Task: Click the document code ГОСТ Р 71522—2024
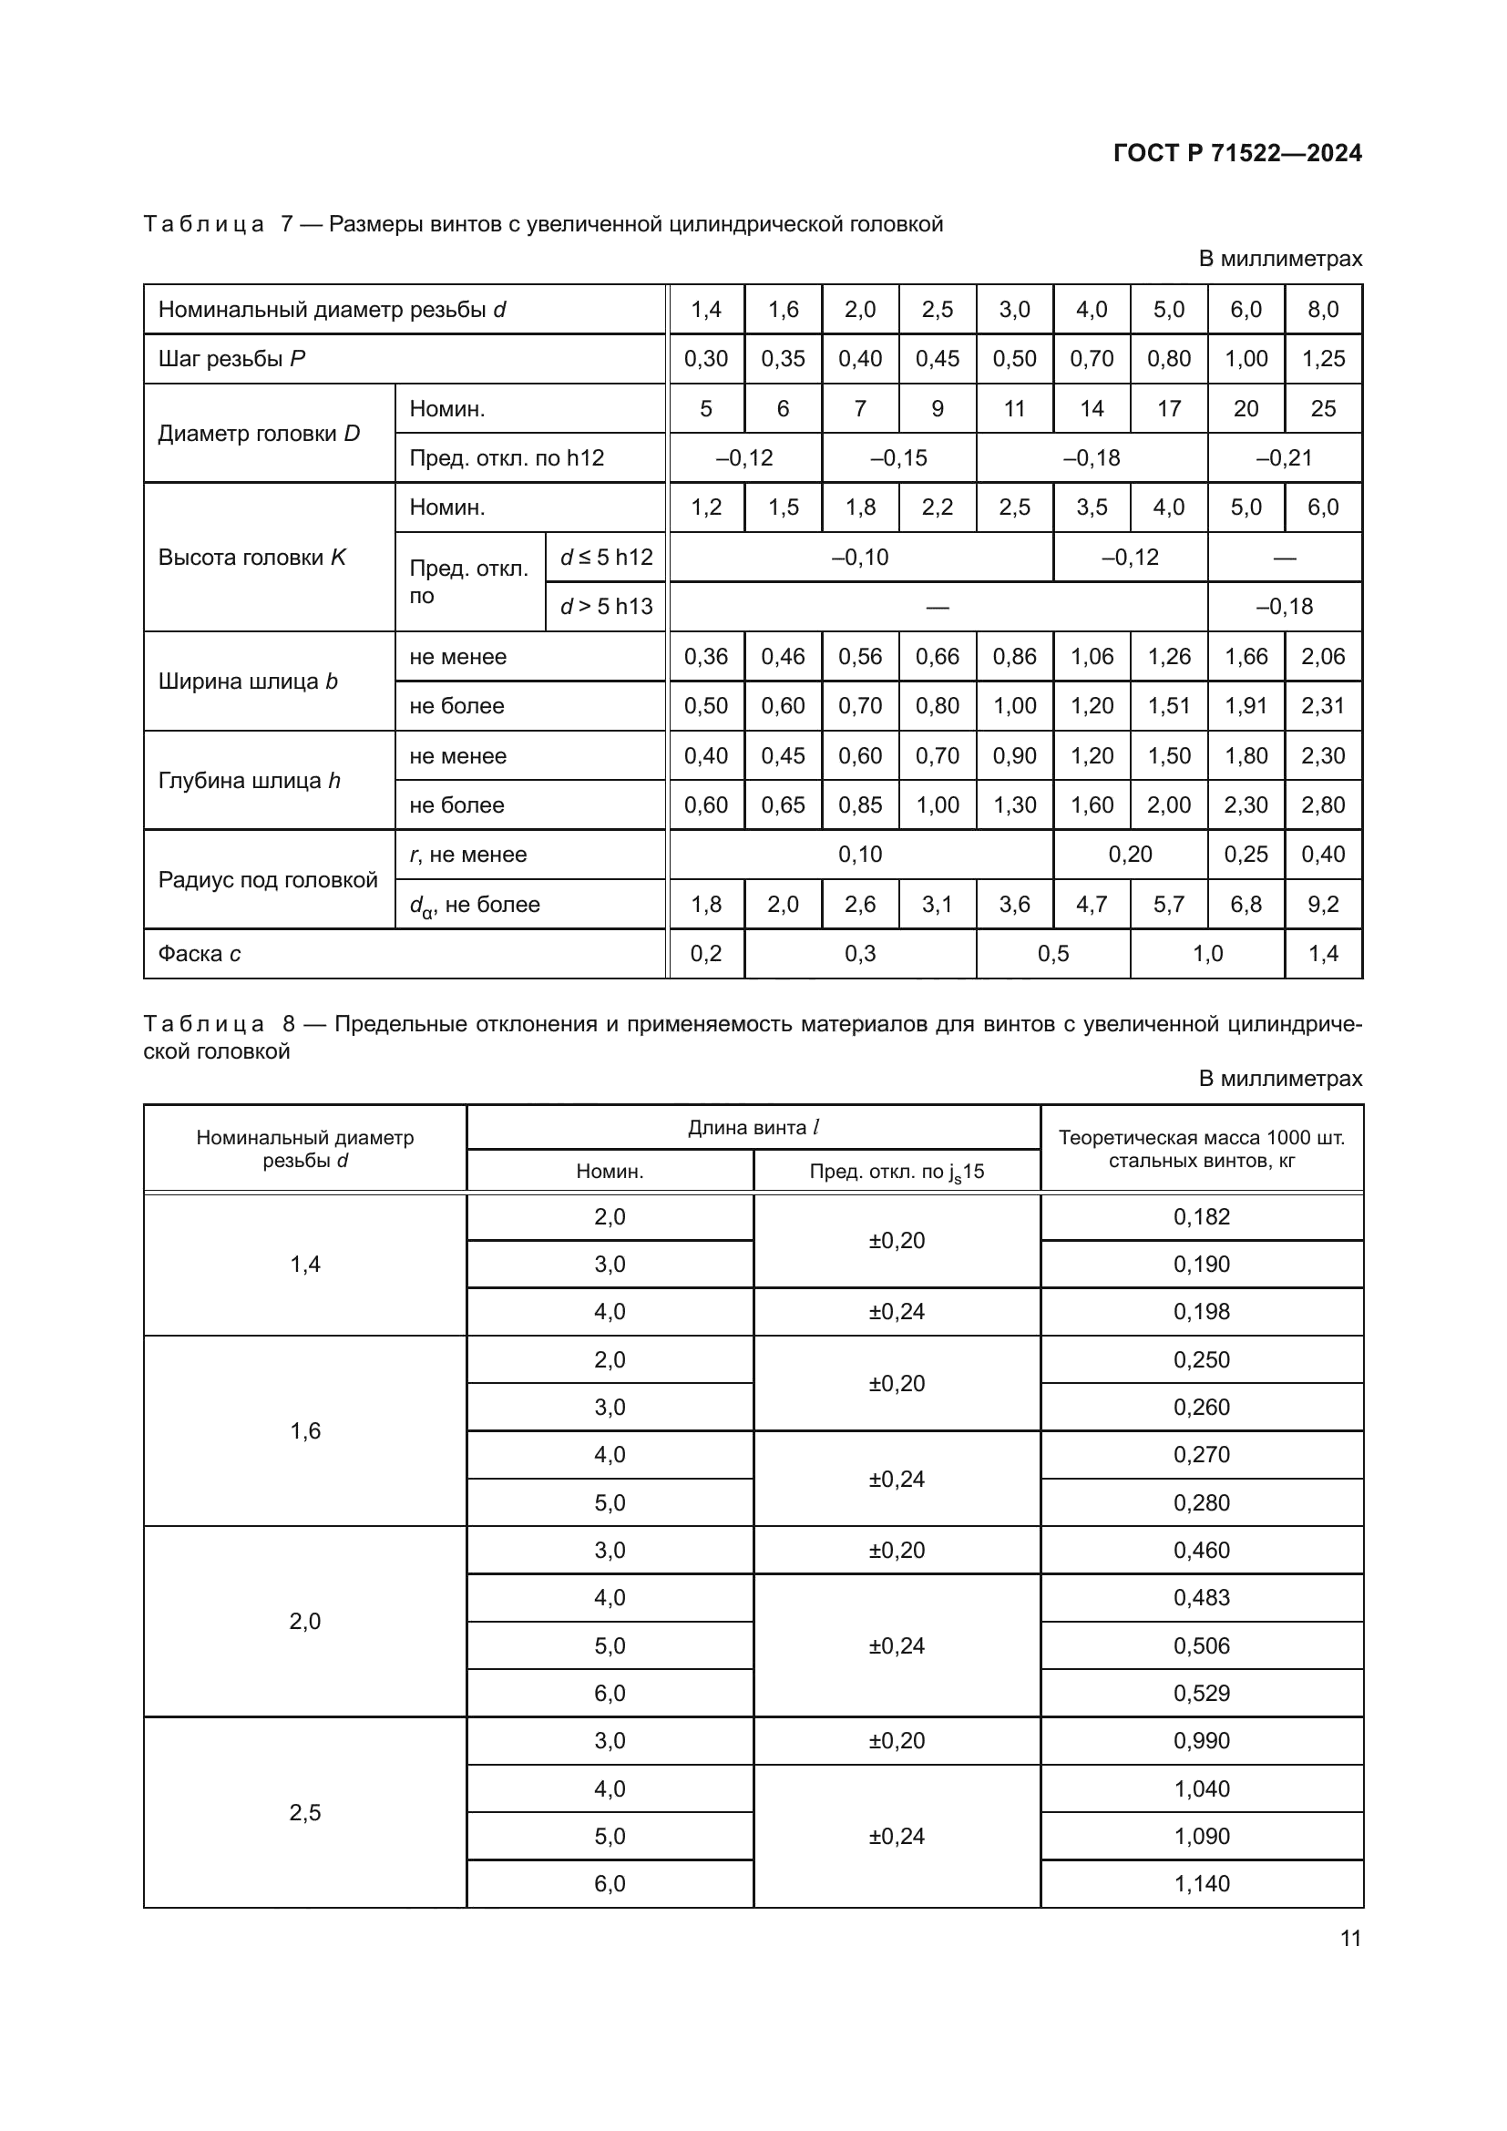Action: click(1237, 153)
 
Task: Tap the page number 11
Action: click(1350, 1938)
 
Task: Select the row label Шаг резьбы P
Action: click(231, 359)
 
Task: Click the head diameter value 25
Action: click(1322, 408)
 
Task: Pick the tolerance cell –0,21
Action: click(1285, 457)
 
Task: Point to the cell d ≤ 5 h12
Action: click(606, 557)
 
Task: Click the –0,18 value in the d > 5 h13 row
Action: click(1285, 606)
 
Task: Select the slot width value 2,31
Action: click(1322, 705)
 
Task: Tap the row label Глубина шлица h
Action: click(249, 781)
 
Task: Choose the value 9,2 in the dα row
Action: click(1322, 904)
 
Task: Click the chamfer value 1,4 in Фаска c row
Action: click(1322, 953)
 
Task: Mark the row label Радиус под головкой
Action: click(267, 879)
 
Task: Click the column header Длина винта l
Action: click(753, 1128)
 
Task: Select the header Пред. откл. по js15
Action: click(897, 1172)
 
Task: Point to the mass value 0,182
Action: click(1201, 1217)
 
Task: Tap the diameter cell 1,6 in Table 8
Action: click(304, 1430)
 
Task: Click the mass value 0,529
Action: click(1201, 1693)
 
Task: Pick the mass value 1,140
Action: click(1201, 1883)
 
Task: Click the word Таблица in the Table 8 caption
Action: click(203, 1024)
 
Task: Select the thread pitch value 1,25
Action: click(1322, 359)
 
